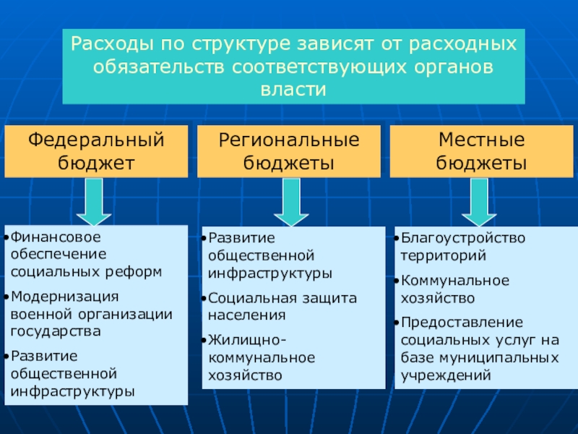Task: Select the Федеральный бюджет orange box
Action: pyautogui.click(x=96, y=151)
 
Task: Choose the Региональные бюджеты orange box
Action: pyautogui.click(x=289, y=151)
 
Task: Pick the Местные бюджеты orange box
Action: pyautogui.click(x=481, y=151)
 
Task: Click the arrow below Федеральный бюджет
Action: pyautogui.click(x=94, y=202)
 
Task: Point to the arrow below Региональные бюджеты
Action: pyautogui.click(x=291, y=202)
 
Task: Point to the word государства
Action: pyautogui.click(x=56, y=331)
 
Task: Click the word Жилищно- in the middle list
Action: pyautogui.click(x=246, y=341)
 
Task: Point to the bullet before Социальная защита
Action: pyautogui.click(x=204, y=298)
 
